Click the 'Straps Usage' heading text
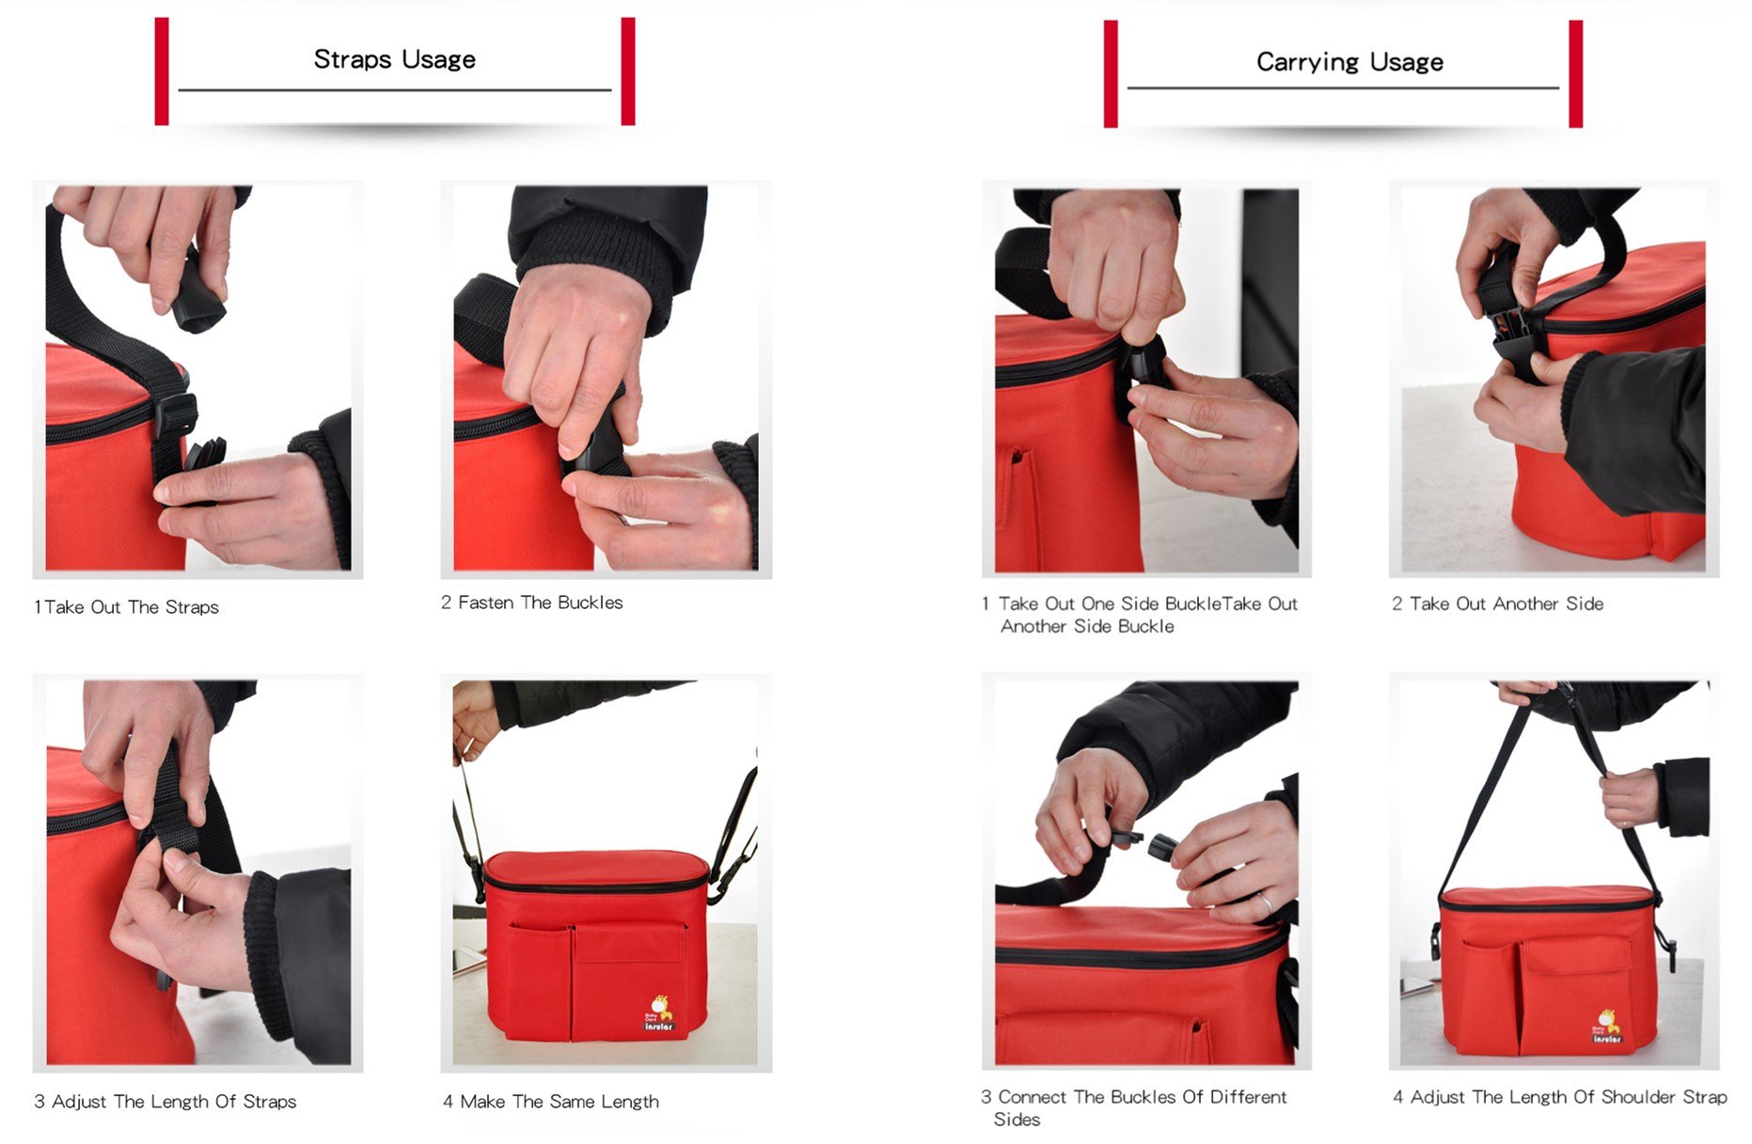[x=394, y=59]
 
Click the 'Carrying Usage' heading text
[x=1349, y=62]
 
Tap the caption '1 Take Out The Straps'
[x=126, y=607]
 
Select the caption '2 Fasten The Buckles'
[x=531, y=603]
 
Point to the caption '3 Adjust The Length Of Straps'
[x=165, y=1102]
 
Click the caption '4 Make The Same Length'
[x=550, y=1102]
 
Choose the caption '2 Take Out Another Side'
[x=1497, y=603]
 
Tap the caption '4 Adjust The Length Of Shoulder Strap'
[x=1559, y=1097]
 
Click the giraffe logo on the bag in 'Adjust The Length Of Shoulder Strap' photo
[x=1605, y=1026]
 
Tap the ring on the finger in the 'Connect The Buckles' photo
[x=1267, y=904]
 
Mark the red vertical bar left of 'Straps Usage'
[x=162, y=71]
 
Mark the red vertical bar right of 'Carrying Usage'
[x=1575, y=73]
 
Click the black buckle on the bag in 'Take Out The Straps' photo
[x=176, y=415]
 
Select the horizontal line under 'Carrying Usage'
[x=1343, y=88]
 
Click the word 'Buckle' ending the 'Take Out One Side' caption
[x=1145, y=627]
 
